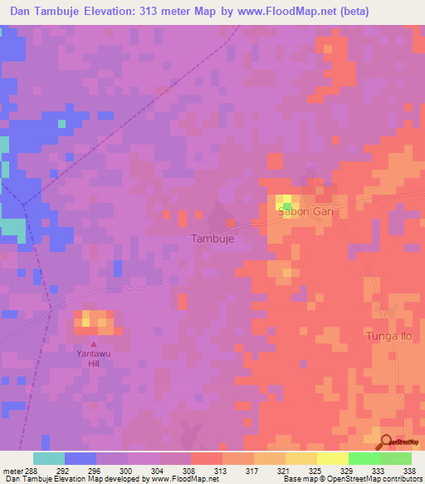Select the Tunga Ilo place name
388,336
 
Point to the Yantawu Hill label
94,358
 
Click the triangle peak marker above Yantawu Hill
94,343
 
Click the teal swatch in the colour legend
49,458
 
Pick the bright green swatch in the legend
364,458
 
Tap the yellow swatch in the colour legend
300,458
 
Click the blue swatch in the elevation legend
81,458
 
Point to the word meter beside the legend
12,471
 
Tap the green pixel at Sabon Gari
287,206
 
